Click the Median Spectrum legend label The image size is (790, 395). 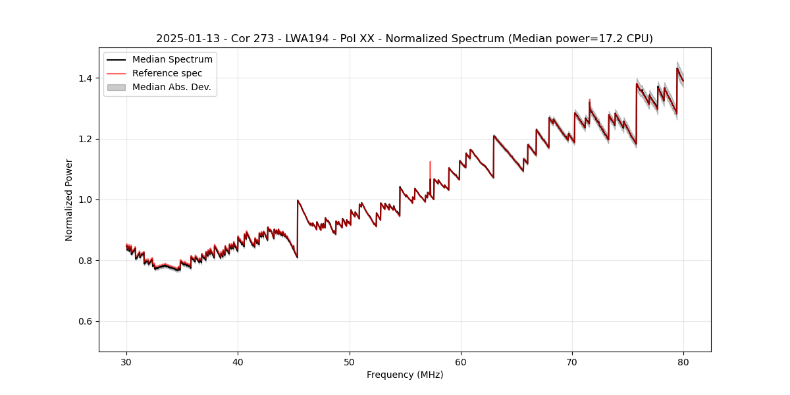[x=172, y=60]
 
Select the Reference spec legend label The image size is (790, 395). [x=167, y=73]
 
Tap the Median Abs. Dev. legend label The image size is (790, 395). [x=171, y=87]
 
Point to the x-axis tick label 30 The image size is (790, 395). [x=126, y=362]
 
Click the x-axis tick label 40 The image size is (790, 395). [x=238, y=362]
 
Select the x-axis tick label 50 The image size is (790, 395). [x=349, y=362]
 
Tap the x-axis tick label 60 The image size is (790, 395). [x=461, y=362]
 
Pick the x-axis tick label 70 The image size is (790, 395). [x=572, y=362]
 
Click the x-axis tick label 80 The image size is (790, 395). [x=683, y=362]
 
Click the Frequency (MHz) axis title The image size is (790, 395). [x=405, y=375]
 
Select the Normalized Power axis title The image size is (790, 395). [x=69, y=199]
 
